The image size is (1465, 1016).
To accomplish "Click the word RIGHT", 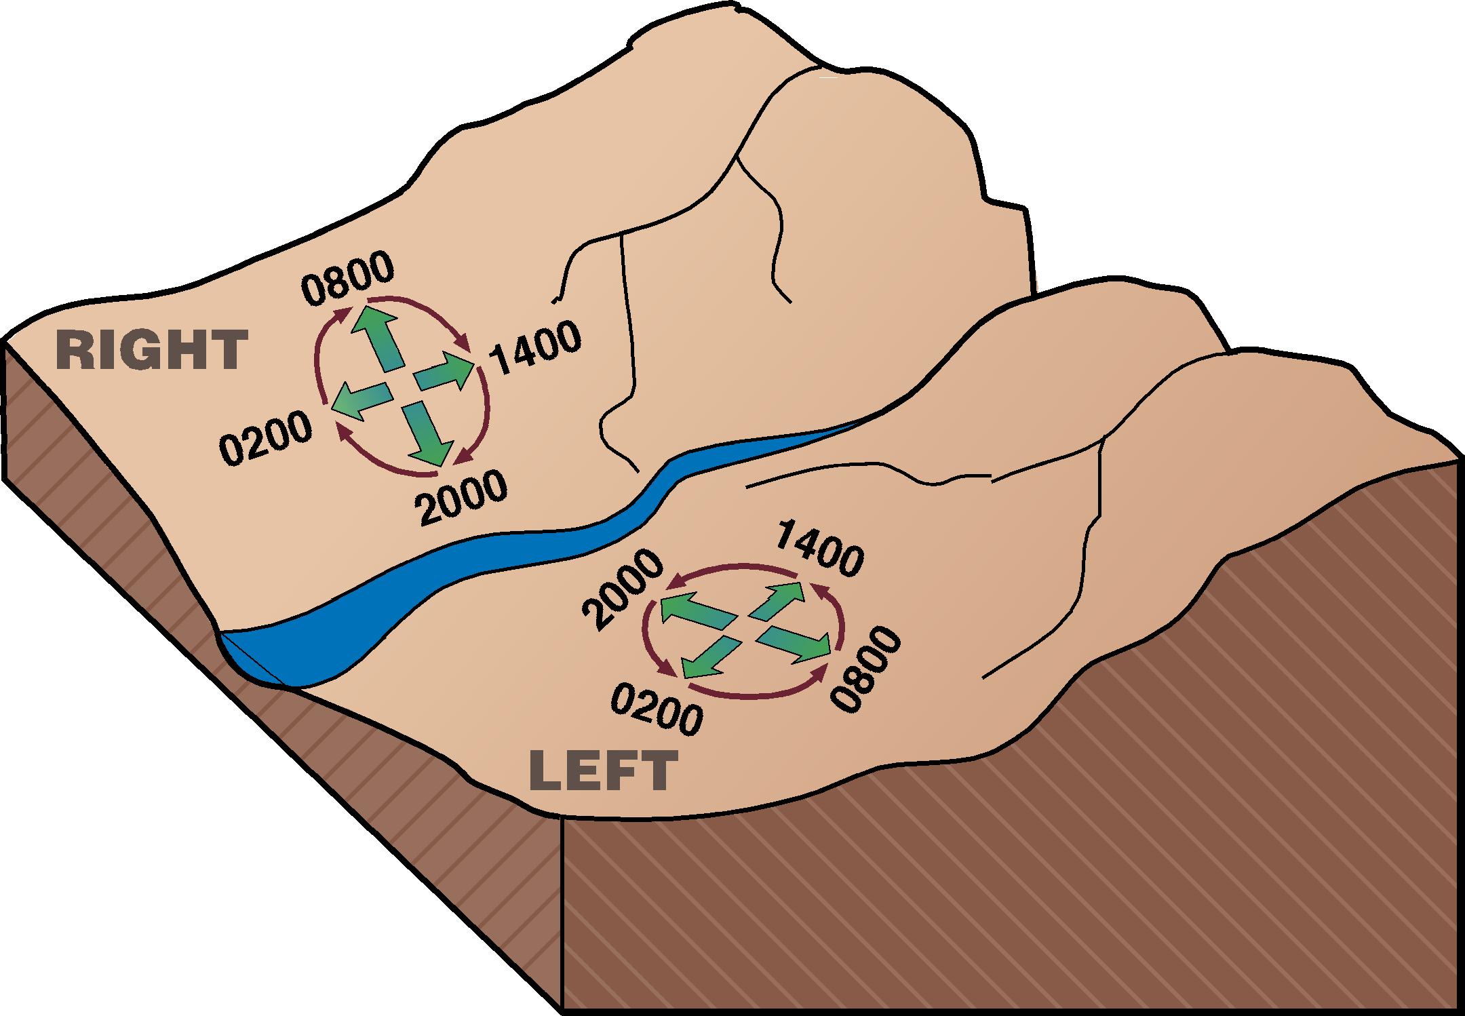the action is click(151, 350).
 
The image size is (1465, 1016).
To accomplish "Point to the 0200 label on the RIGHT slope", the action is click(267, 440).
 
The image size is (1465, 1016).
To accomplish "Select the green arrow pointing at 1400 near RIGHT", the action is click(445, 372).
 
